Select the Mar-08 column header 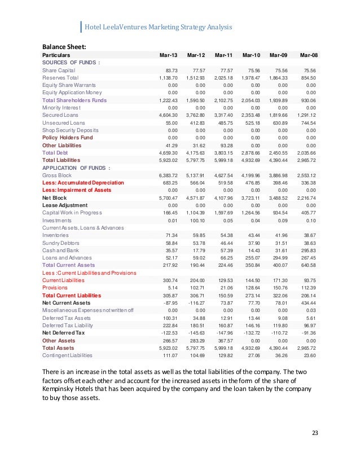tap(309, 55)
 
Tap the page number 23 tap(315, 433)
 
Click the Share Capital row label tap(59, 70)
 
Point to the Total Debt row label tap(55, 152)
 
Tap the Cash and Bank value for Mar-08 tap(308, 250)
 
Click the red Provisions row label tap(55, 287)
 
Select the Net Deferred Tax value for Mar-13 tap(168, 333)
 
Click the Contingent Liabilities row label tap(67, 355)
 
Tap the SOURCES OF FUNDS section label tap(71, 62)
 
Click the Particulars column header tap(56, 55)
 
